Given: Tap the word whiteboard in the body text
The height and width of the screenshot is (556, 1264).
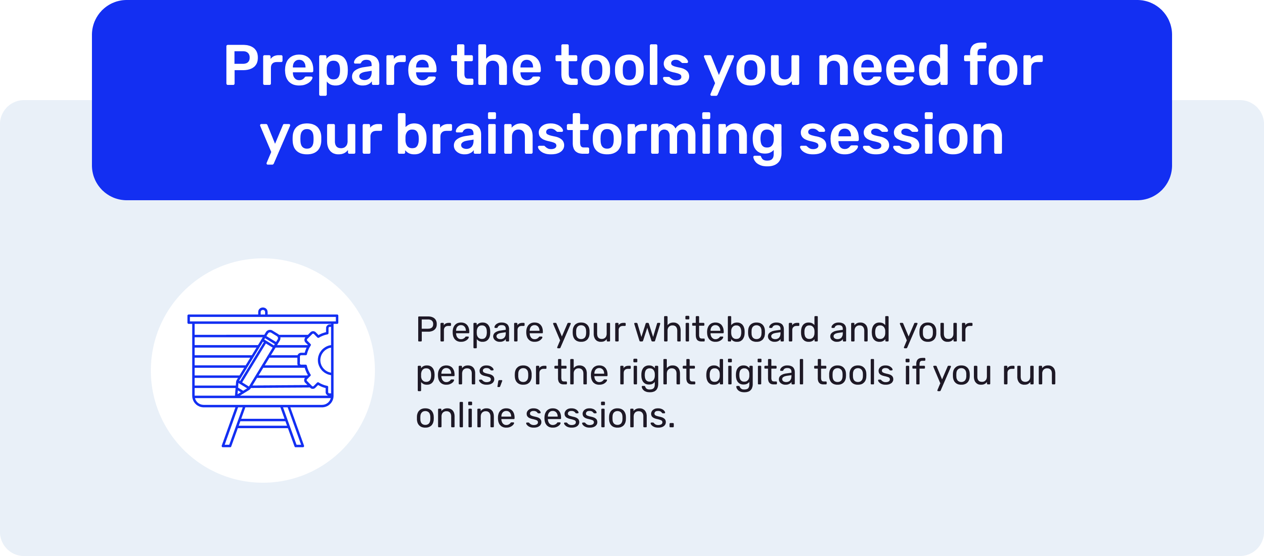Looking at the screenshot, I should click(726, 329).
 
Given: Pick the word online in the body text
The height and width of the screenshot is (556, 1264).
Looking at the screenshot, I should click(465, 416).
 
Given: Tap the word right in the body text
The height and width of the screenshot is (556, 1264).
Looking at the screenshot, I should click(656, 373).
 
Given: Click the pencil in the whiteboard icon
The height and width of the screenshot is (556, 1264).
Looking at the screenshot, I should click(258, 362).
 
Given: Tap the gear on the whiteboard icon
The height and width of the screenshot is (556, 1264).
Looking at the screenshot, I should click(316, 358).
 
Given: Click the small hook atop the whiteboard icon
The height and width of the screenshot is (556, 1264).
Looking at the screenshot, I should click(262, 312).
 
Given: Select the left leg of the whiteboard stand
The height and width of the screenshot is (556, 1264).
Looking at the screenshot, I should click(232, 426).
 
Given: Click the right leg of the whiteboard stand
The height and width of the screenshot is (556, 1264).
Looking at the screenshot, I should click(293, 426).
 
